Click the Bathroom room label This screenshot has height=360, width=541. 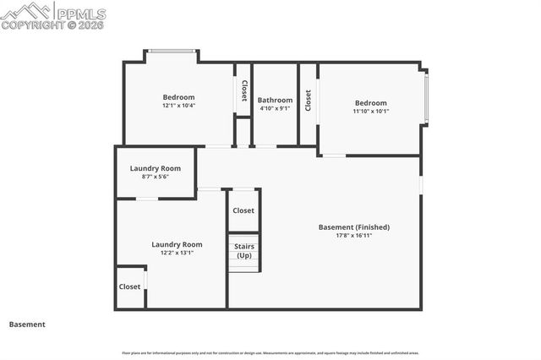coord(275,100)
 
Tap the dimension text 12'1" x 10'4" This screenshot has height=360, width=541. coord(178,106)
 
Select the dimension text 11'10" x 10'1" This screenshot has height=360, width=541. coord(370,112)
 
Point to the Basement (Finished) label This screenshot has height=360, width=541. coord(354,226)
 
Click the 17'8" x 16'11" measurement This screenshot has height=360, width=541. coord(354,236)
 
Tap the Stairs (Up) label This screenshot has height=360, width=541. coord(244,251)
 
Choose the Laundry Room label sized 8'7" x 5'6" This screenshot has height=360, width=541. coord(155,168)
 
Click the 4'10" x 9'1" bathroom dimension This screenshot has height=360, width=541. coord(275,108)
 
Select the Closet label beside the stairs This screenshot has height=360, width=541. coord(243,210)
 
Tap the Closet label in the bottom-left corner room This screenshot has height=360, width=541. coord(129,286)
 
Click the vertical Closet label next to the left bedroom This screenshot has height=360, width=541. coord(244,91)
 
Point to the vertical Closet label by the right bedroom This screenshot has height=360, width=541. coord(309,101)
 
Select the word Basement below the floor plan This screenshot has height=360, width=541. coord(27,324)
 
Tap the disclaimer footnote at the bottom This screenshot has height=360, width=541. coord(270,352)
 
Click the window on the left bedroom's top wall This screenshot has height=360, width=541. coord(172,52)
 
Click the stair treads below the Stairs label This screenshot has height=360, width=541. coord(243,265)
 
